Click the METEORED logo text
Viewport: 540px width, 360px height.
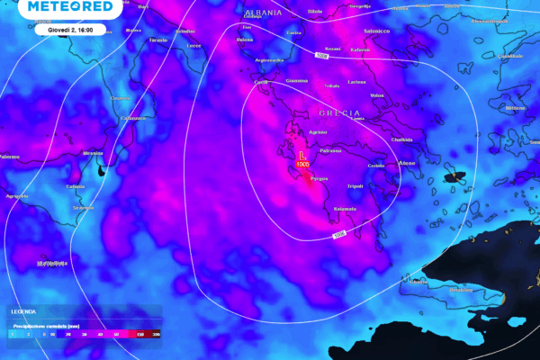point(71,7)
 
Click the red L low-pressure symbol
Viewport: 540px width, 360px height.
point(302,156)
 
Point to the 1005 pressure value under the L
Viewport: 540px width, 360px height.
point(303,166)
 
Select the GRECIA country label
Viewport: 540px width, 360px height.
point(339,113)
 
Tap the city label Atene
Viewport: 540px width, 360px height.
point(406,163)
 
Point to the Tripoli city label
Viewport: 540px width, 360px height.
point(356,186)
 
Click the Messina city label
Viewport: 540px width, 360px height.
point(93,154)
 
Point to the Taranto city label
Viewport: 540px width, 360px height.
point(158,40)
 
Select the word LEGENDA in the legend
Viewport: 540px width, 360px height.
point(22,311)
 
